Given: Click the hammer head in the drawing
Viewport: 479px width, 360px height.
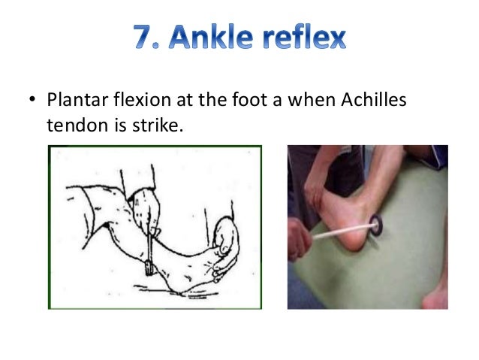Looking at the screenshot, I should click(x=149, y=267).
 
